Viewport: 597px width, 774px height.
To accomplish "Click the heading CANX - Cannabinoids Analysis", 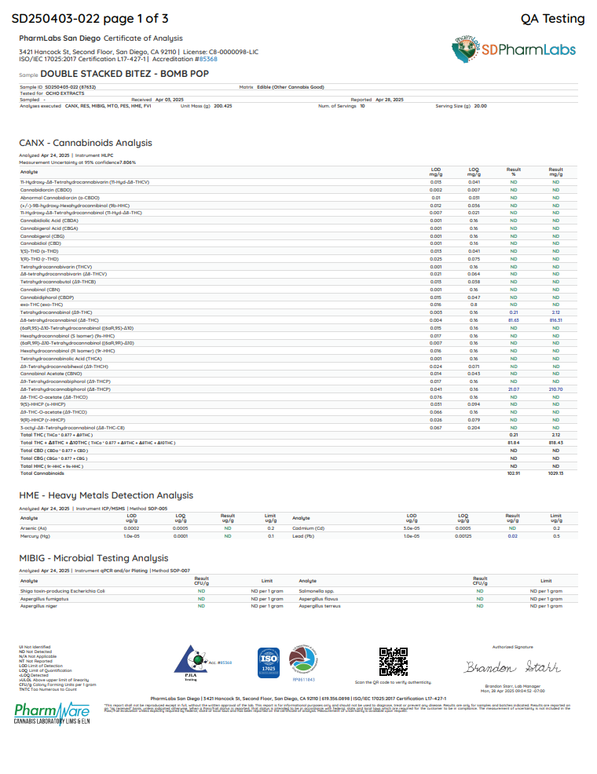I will pos(86,143).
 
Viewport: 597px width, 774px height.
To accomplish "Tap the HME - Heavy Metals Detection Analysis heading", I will pos(106,495).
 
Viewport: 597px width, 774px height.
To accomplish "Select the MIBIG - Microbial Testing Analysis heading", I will pos(93,558).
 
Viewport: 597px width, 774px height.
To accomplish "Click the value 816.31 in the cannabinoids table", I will pos(555,320).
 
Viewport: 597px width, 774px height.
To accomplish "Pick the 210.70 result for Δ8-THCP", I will pos(555,389).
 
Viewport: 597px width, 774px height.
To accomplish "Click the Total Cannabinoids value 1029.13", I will pos(555,473).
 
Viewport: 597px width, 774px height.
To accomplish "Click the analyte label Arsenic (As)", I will pos(33,529).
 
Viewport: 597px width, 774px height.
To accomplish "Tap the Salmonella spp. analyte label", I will pos(316,590).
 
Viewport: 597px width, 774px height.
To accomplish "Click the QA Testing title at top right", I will pos(552,19).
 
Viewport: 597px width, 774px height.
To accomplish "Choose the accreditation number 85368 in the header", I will pos(208,59).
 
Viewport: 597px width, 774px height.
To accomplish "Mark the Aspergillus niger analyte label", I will pos(38,605).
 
